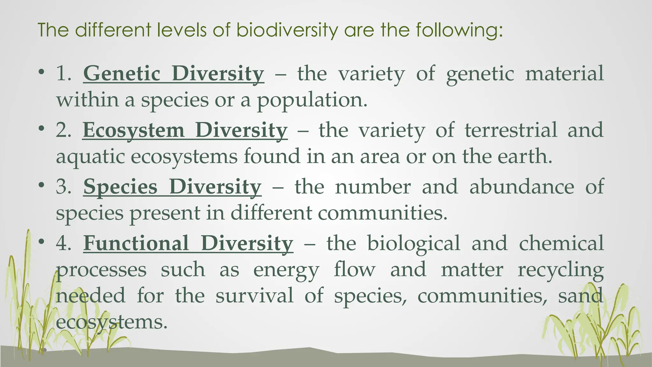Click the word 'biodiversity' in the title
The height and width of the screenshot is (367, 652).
(287, 30)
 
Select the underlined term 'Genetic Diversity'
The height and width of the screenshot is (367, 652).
(174, 74)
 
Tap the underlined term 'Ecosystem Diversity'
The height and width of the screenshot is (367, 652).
(185, 130)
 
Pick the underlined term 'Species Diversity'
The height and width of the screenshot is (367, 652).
(172, 187)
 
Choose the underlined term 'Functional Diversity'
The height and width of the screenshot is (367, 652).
(188, 243)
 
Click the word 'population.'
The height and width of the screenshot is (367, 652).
(312, 100)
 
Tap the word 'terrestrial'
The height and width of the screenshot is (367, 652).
(511, 130)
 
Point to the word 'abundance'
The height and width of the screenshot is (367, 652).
(522, 187)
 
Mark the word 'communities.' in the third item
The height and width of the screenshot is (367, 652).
(383, 213)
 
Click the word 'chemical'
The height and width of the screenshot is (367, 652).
(561, 243)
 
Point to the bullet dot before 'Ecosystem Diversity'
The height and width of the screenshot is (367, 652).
(41, 128)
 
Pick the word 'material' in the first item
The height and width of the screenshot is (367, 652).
(564, 74)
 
